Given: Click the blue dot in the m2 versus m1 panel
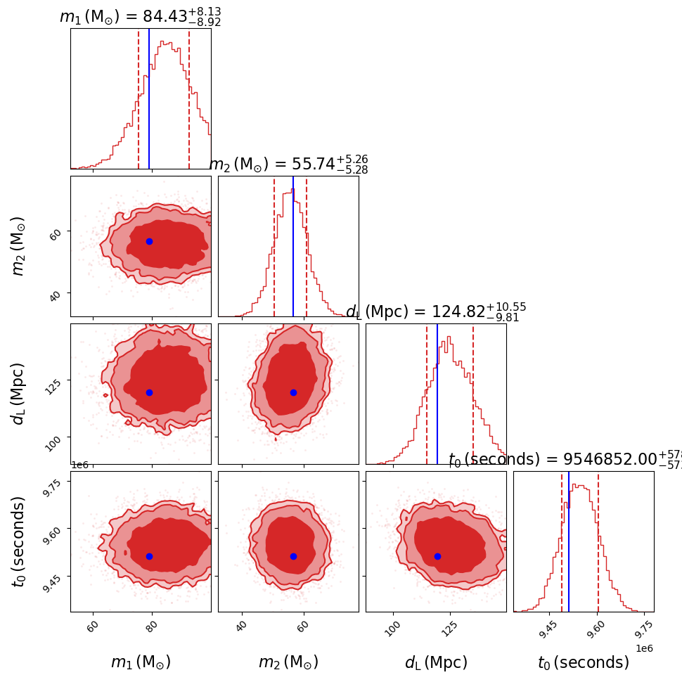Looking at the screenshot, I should (x=149, y=241).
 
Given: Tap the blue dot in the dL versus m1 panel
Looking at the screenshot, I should (x=149, y=392).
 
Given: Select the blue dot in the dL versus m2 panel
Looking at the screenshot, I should (x=293, y=392).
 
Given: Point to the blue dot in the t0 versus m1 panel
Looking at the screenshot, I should (x=149, y=556).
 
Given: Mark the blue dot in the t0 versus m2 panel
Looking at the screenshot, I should (x=293, y=556).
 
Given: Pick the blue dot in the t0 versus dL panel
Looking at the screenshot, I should (x=437, y=556).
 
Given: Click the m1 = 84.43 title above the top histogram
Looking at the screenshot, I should (x=141, y=17).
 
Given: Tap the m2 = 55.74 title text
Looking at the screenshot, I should (x=288, y=165).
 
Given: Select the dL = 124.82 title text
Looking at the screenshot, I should (x=436, y=312).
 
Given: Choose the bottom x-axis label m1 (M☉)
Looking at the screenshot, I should (x=141, y=662).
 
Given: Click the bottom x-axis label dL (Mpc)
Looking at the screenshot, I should (x=436, y=662).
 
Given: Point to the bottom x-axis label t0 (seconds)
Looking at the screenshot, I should (x=584, y=662).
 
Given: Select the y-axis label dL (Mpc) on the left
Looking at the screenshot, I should (x=19, y=394).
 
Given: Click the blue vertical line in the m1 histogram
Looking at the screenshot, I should (x=149, y=98).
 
